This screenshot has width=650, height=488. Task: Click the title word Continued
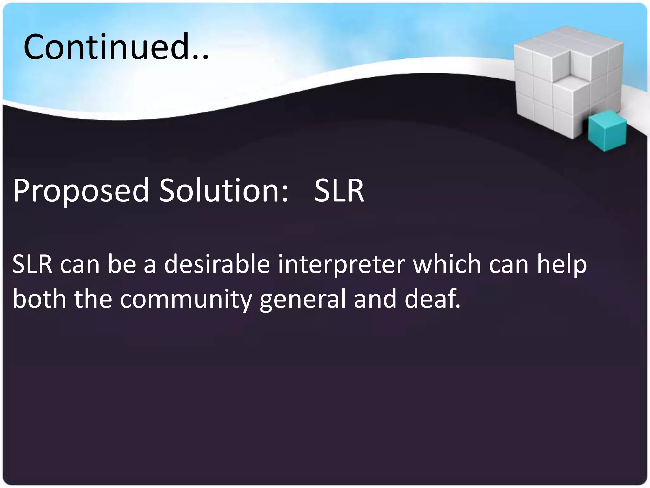click(x=106, y=47)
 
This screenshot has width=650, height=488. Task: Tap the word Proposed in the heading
click(x=81, y=191)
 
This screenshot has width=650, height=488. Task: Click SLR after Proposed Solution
click(x=339, y=191)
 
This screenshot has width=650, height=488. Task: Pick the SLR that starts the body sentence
click(x=32, y=264)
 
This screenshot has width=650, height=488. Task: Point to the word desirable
click(x=217, y=264)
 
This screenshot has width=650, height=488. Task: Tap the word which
click(x=447, y=264)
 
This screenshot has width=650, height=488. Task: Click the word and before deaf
click(x=375, y=299)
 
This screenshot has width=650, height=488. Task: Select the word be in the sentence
click(x=122, y=264)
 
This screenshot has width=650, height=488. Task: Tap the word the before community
click(x=93, y=299)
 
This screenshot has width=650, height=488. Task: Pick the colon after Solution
click(x=284, y=194)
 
